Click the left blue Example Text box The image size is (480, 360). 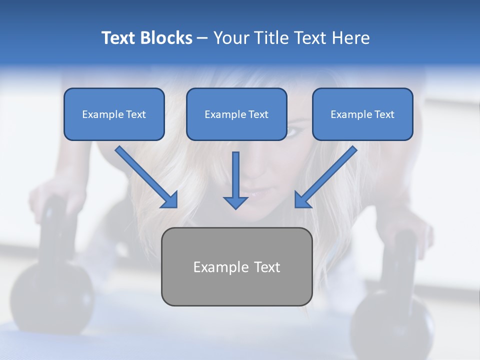pyautogui.click(x=114, y=114)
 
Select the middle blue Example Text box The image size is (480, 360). pyautogui.click(x=236, y=114)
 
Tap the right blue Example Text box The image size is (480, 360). pyautogui.click(x=362, y=114)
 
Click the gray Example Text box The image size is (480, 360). pyautogui.click(x=236, y=266)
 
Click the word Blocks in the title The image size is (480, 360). pyautogui.click(x=167, y=38)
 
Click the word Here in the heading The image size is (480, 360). pyautogui.click(x=352, y=38)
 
